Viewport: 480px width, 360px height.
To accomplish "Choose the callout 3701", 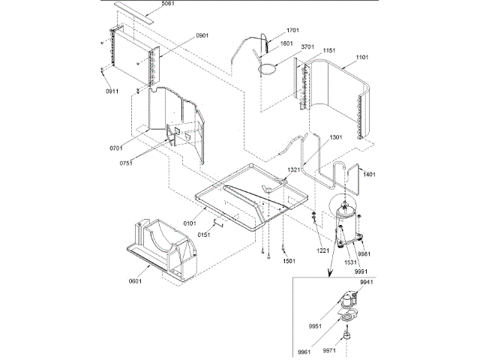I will pyautogui.click(x=307, y=46).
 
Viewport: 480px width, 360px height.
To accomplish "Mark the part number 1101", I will pyautogui.click(x=363, y=57).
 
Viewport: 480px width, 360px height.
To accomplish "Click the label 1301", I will pyautogui.click(x=335, y=137).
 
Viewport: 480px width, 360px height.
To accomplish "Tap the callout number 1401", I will pyautogui.click(x=368, y=174).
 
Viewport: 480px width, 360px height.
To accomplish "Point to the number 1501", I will pyautogui.click(x=289, y=262).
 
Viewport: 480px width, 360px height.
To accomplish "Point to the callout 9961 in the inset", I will pyautogui.click(x=304, y=351).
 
